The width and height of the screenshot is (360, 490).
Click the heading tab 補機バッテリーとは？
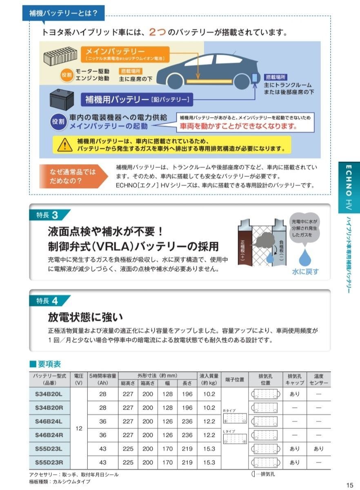(63, 13)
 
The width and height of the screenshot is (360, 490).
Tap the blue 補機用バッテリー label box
(137, 99)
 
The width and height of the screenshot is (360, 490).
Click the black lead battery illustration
(63, 100)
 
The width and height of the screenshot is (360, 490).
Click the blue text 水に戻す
(305, 272)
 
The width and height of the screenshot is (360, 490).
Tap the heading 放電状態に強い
(85, 317)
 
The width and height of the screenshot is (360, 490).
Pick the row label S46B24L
(49, 421)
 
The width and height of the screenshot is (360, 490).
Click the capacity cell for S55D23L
(102, 449)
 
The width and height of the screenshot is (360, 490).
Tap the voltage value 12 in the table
(79, 429)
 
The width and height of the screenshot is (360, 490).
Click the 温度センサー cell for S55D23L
(318, 449)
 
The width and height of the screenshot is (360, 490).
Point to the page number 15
(349, 485)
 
